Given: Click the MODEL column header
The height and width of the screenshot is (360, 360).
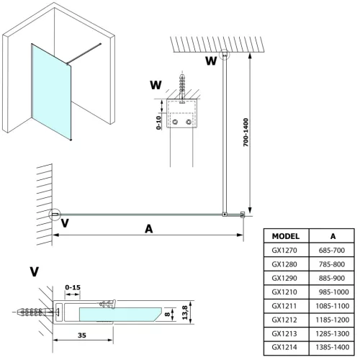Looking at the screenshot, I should [x=286, y=235].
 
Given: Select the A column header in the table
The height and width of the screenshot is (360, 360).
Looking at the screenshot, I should [x=333, y=235].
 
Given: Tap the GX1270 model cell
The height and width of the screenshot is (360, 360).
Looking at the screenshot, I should [x=286, y=250].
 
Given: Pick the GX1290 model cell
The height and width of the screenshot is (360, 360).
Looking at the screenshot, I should [x=286, y=277].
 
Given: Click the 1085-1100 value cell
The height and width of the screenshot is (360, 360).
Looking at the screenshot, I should [x=333, y=305].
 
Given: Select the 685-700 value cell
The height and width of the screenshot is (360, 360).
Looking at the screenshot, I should [x=333, y=250].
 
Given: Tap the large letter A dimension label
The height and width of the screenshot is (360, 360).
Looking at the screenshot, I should [x=148, y=228].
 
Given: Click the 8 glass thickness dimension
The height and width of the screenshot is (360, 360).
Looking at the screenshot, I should [x=167, y=314].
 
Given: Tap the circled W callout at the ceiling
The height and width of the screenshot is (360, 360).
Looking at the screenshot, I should [x=225, y=55].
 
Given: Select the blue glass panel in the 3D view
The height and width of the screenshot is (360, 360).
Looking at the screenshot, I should [x=50, y=90].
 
